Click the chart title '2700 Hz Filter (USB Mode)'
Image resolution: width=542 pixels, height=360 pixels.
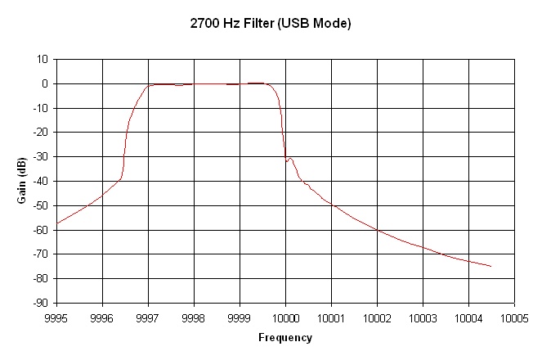tap(271, 24)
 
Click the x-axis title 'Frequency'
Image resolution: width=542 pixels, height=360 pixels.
tap(284, 337)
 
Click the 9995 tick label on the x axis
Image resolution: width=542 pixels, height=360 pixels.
tap(56, 317)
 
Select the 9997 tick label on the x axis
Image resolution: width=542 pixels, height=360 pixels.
tap(148, 317)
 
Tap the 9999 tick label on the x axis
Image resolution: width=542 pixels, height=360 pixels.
tap(240, 317)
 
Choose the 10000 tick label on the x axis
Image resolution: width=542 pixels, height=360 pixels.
tap(285, 317)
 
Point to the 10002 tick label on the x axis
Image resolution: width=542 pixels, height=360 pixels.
tap(377, 317)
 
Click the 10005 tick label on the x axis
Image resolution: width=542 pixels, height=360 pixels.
tap(514, 317)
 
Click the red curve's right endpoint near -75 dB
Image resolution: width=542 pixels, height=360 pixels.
tap(490, 266)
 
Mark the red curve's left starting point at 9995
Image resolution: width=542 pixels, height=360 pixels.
tap(57, 223)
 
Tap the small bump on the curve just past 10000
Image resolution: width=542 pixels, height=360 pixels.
tap(290, 158)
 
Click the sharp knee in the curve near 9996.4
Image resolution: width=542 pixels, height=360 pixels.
tap(121, 178)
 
